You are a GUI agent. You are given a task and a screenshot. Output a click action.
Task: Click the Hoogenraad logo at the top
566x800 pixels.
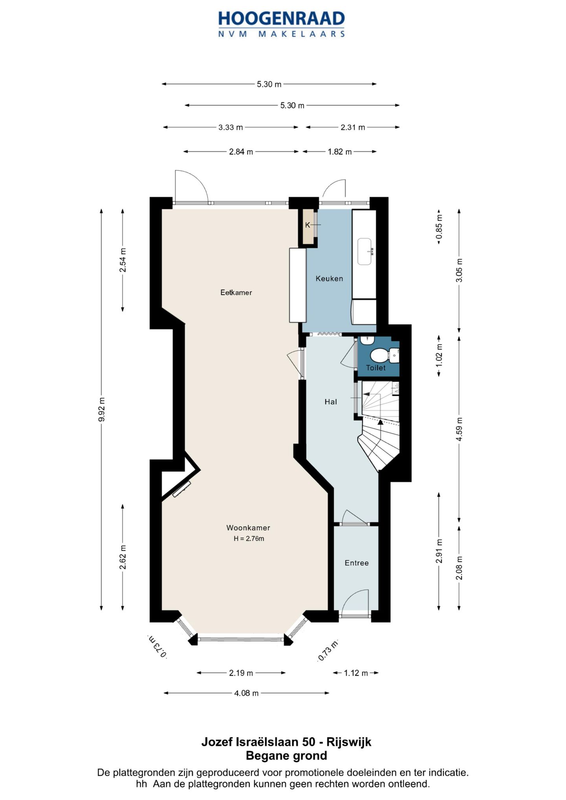click(281, 24)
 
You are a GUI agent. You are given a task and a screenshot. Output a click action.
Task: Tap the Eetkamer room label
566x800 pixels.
click(236, 292)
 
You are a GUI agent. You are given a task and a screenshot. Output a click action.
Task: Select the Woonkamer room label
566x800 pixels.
click(248, 528)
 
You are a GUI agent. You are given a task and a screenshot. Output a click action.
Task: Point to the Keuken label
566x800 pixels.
click(329, 279)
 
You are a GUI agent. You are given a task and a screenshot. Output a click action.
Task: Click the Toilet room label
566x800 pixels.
click(376, 368)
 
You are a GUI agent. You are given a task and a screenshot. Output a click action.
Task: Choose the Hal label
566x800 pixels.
click(331, 402)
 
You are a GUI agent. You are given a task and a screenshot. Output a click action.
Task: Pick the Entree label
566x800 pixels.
click(357, 563)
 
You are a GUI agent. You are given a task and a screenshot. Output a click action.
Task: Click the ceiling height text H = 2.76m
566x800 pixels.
click(249, 539)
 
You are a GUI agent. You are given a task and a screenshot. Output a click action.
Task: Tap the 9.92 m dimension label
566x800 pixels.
click(102, 409)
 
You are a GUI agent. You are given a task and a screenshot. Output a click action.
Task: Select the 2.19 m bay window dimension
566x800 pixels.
click(241, 673)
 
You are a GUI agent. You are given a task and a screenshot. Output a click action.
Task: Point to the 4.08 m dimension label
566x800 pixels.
click(246, 693)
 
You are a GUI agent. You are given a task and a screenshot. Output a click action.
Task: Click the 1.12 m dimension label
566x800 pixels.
click(356, 673)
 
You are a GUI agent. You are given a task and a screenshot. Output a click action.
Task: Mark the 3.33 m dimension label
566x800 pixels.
click(231, 127)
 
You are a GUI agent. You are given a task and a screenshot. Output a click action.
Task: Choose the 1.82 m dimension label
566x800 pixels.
click(340, 152)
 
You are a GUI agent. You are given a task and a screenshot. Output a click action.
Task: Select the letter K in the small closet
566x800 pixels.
click(308, 225)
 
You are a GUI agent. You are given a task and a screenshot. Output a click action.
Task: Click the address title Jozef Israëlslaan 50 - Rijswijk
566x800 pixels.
click(286, 742)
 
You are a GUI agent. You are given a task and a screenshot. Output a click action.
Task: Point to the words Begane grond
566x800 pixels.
click(286, 756)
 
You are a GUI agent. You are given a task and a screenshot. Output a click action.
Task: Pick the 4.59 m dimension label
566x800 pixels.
click(459, 429)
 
